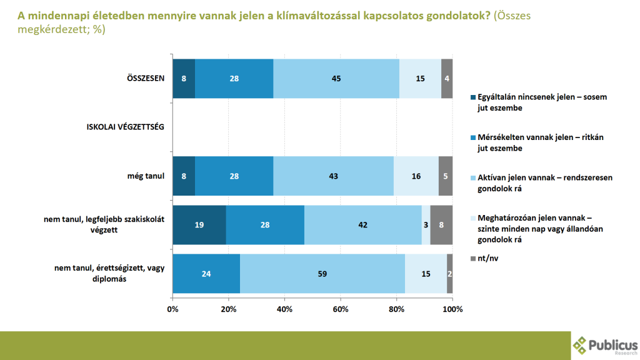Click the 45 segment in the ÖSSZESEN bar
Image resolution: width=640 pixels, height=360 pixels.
point(336,78)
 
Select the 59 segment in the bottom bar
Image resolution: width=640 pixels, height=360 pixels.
point(322,274)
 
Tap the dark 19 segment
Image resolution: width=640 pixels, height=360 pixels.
point(199,224)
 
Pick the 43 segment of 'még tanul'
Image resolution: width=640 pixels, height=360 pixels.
point(333,176)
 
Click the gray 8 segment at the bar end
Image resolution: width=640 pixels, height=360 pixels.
point(441,224)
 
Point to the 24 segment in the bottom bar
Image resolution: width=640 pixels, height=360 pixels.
point(206,274)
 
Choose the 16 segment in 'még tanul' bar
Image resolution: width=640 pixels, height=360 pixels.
point(416,176)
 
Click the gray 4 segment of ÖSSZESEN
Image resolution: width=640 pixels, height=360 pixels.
point(447,78)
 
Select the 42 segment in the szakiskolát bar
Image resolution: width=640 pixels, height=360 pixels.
point(363,224)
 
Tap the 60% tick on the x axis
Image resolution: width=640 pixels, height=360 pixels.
point(341,309)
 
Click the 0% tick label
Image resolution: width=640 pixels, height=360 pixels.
point(172,309)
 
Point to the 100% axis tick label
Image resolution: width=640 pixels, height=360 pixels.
point(452,309)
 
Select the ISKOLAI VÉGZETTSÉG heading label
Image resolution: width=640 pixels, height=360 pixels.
point(125,127)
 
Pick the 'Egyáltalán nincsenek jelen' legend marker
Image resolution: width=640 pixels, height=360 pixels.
point(472,97)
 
